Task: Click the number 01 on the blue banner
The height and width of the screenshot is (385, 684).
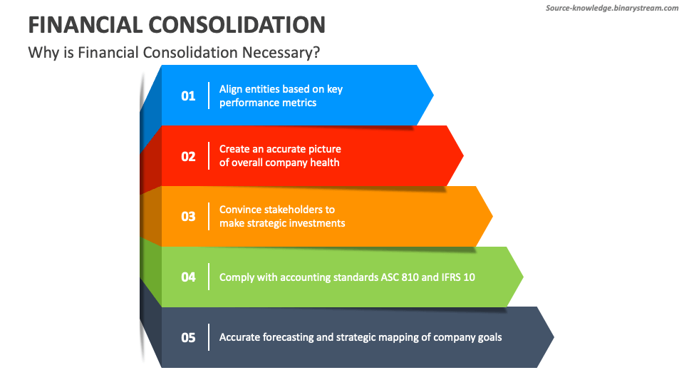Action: [x=188, y=96]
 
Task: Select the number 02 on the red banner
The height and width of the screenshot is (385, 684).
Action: [x=188, y=157]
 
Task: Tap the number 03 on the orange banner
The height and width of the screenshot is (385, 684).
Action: [x=188, y=217]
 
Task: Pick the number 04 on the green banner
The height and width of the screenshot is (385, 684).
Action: [x=188, y=277]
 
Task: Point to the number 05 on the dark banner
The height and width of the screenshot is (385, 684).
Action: [x=188, y=337]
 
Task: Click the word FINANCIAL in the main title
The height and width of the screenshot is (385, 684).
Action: [x=85, y=24]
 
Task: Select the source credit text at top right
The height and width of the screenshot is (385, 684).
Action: [x=612, y=8]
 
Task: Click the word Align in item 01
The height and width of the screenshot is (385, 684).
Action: [x=231, y=89]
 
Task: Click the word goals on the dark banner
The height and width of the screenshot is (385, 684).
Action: [x=488, y=337]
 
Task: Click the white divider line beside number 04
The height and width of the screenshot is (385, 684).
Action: [x=209, y=277]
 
